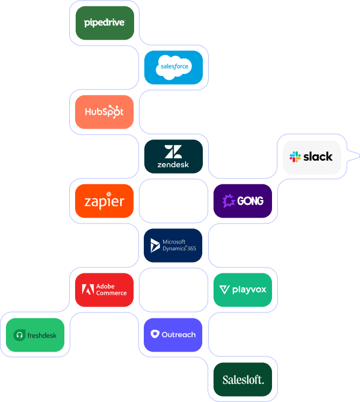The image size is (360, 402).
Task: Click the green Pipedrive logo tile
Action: pyautogui.click(x=105, y=23)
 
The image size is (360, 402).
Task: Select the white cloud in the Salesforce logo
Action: pyautogui.click(x=174, y=67)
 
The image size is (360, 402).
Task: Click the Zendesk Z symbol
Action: pyautogui.click(x=173, y=152)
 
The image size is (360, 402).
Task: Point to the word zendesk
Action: pyautogui.click(x=173, y=165)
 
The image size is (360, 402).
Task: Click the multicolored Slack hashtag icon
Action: pyautogui.click(x=295, y=157)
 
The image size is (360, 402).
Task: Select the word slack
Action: pyautogui.click(x=318, y=157)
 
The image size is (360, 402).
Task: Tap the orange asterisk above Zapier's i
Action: pyautogui.click(x=109, y=194)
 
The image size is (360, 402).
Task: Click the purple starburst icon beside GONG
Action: pyautogui.click(x=229, y=201)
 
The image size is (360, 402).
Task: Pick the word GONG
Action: pyautogui.click(x=250, y=201)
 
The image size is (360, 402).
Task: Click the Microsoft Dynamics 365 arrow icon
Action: pyautogui.click(x=155, y=245)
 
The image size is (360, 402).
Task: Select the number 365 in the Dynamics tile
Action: pyautogui.click(x=192, y=248)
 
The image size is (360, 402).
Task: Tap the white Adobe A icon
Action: pyautogui.click(x=88, y=289)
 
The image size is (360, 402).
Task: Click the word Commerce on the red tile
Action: pyautogui.click(x=112, y=293)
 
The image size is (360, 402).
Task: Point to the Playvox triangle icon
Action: pyautogui.click(x=224, y=290)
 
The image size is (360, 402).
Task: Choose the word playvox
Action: pyautogui.click(x=249, y=290)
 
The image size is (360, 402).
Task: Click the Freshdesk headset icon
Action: pyautogui.click(x=19, y=335)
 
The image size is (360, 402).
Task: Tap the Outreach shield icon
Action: pyautogui.click(x=155, y=334)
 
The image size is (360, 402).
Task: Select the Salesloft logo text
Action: pyautogui.click(x=243, y=380)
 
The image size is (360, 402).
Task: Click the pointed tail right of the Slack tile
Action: pyautogui.click(x=354, y=155)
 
